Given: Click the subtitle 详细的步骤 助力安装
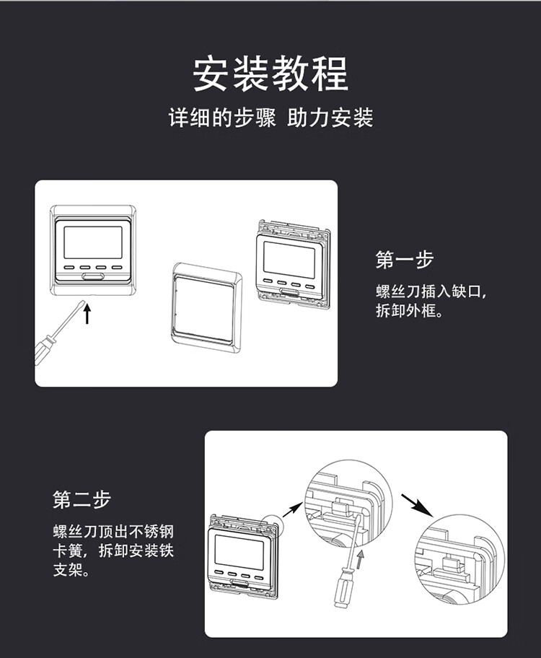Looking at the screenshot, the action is pos(270,118).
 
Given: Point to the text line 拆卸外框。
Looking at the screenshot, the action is pos(408,312).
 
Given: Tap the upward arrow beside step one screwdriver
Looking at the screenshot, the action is pos(87,314).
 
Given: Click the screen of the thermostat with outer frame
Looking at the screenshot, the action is pos(93,242).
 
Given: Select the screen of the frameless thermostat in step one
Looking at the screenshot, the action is pos(289,257).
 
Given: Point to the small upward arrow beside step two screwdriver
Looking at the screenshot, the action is pos(361,556).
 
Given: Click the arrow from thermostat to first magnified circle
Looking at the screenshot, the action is pos(291,510).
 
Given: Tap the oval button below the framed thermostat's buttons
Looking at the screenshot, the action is pos(92,275).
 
